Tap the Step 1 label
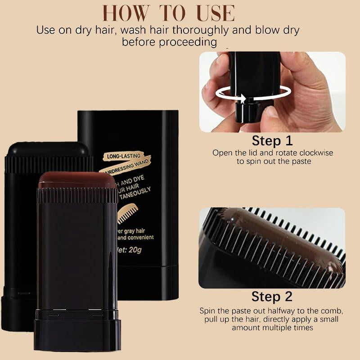point(272,141)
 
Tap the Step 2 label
point(272,297)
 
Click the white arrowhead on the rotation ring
point(243,98)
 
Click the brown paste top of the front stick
point(76,180)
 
